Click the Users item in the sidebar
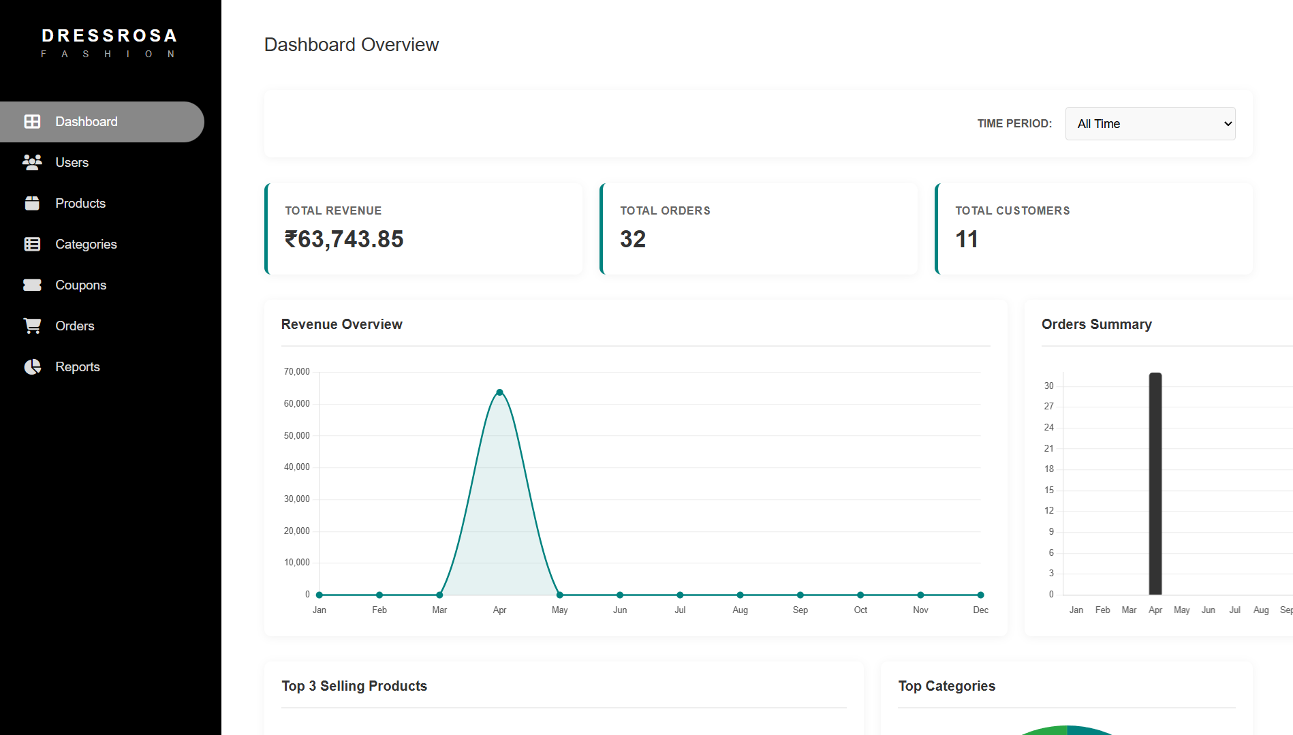72,162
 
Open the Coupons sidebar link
80,285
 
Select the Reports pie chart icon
32,367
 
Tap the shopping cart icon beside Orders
32,326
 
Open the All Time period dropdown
1150,124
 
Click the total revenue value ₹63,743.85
344,239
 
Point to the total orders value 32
632,239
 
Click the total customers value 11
966,239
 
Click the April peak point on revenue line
499,392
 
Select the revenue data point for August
740,595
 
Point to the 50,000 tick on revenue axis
296,435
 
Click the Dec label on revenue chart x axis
980,610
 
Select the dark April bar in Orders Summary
1155,484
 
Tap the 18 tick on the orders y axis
1048,469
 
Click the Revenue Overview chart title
341,324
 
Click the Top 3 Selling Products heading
354,686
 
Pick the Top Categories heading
946,686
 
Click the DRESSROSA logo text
109,35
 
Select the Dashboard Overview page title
351,45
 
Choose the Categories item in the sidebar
86,244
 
